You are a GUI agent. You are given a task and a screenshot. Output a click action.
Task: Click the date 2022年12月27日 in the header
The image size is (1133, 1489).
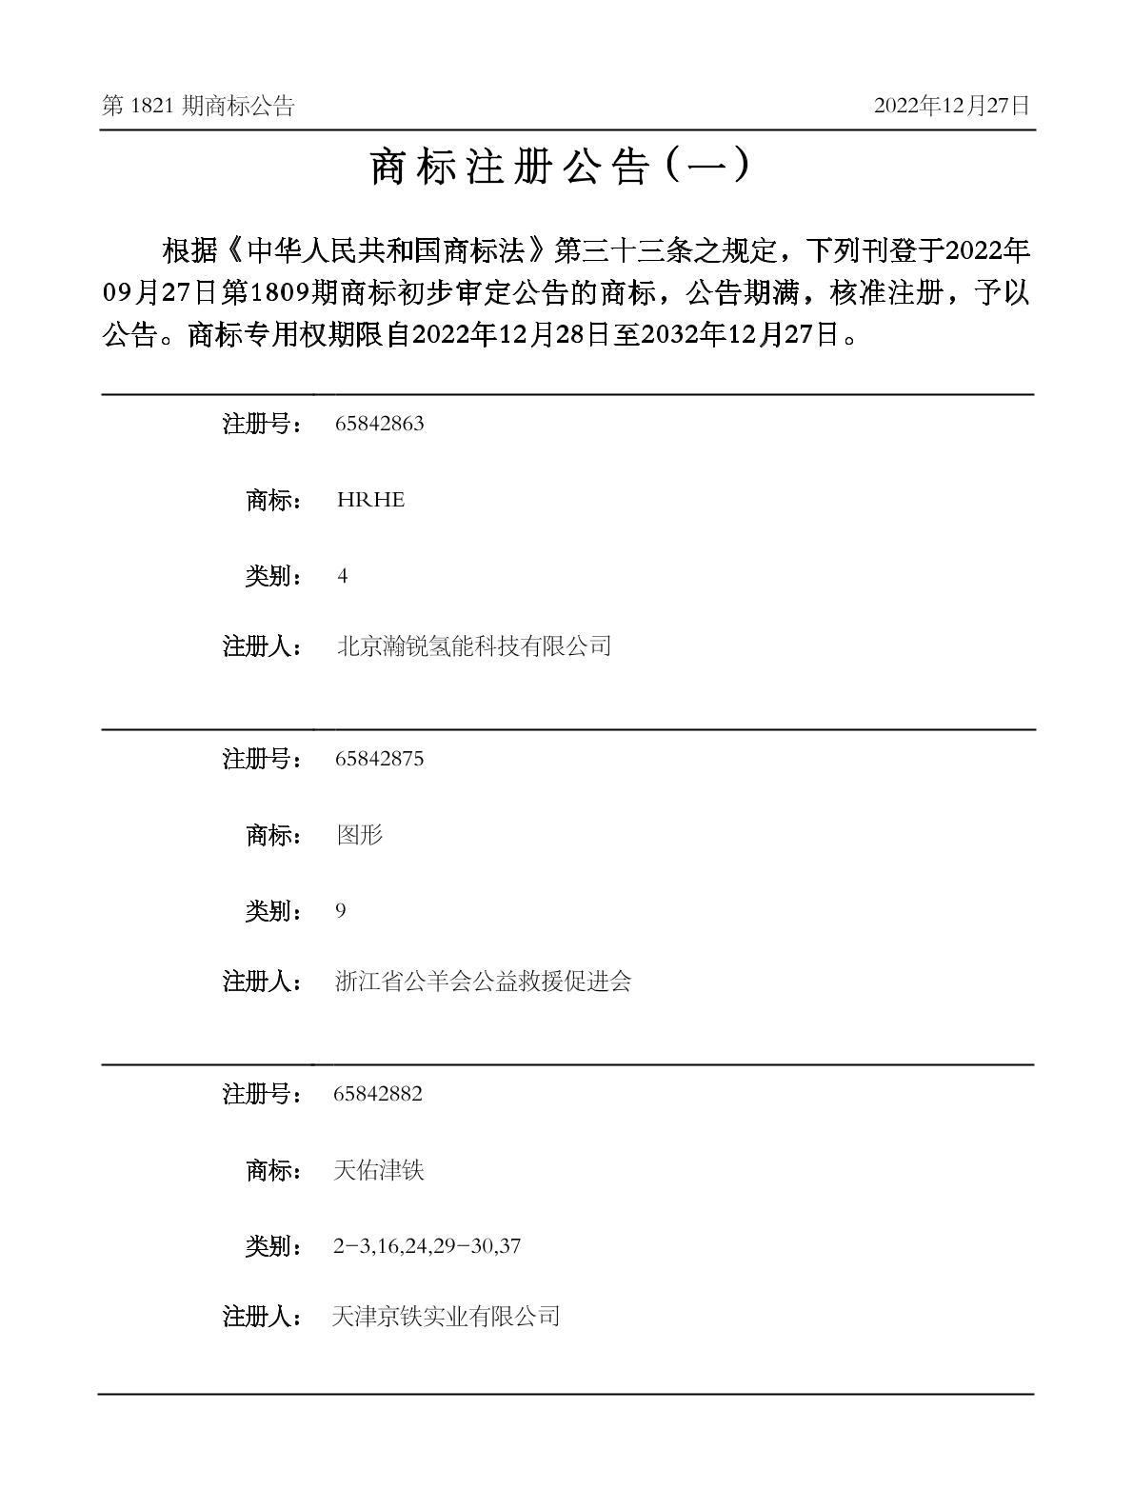[951, 106]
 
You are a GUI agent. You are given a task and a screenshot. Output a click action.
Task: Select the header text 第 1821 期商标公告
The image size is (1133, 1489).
[198, 106]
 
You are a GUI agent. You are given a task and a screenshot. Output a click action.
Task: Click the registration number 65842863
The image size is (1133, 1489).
[379, 425]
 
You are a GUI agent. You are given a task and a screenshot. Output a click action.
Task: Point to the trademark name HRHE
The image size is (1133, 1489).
[370, 500]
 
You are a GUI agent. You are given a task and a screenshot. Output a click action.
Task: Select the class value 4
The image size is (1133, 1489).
[343, 577]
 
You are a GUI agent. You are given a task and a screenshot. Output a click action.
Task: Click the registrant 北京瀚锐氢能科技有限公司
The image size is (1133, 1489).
[473, 646]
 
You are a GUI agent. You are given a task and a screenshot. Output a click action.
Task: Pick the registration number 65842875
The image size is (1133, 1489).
[379, 760]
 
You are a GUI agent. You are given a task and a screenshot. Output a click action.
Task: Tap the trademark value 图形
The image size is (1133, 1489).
[359, 835]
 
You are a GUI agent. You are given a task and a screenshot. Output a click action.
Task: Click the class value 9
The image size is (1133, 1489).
[341, 912]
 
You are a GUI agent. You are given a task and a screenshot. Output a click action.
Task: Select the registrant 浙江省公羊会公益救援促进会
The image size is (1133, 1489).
[483, 982]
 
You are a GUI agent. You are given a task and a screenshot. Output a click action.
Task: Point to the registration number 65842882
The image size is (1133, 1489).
[378, 1095]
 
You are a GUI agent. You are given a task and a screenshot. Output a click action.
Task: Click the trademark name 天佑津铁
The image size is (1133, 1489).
[378, 1170]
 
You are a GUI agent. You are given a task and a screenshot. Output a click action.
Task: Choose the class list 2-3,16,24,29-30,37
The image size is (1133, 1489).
[427, 1246]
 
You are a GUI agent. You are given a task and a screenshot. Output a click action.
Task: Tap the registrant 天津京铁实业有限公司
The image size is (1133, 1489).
[446, 1317]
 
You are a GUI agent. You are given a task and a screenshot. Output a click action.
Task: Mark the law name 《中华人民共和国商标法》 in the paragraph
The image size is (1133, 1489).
[388, 252]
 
